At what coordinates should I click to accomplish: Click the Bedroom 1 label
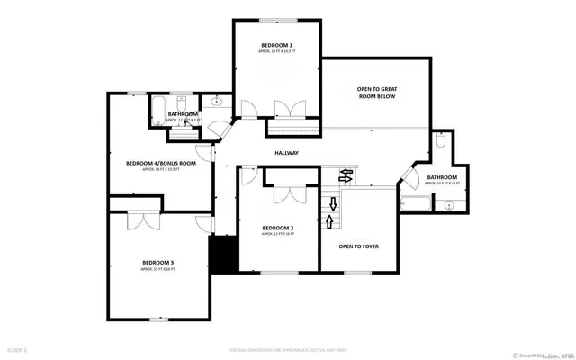point(277,44)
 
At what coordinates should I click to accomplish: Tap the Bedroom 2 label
point(278,228)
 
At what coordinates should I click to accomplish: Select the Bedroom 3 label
point(157,262)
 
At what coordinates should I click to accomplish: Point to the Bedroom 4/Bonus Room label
point(160,163)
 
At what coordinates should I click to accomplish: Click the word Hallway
point(286,153)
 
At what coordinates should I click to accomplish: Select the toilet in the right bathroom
point(440,142)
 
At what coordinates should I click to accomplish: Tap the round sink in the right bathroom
point(450,205)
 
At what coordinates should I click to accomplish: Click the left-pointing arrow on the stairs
point(344,170)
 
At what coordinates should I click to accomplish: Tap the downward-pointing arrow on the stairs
point(345,180)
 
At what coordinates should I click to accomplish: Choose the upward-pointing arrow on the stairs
point(331,221)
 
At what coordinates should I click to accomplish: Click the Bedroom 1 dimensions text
point(277,51)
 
